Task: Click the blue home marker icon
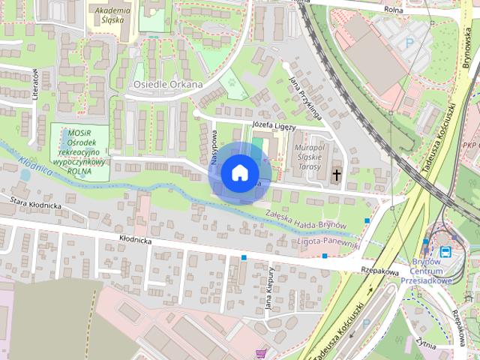pos(239,173)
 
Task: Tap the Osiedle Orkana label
pos(168,85)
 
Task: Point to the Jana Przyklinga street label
pos(305,97)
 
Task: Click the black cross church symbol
pos(336,175)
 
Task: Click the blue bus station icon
pos(445,251)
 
